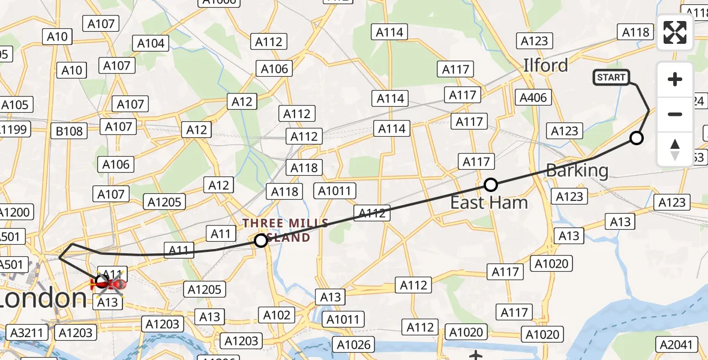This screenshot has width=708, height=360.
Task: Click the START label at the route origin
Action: [x=611, y=77]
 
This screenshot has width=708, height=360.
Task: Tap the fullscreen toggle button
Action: [x=675, y=32]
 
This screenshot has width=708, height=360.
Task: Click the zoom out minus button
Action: [x=675, y=114]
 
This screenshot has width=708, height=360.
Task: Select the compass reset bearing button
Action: [x=675, y=149]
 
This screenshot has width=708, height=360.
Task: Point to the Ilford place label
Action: [x=545, y=65]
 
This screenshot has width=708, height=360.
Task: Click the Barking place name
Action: [x=577, y=170]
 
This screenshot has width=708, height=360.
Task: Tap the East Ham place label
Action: [x=489, y=203]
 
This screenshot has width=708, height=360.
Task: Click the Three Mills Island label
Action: [x=286, y=230]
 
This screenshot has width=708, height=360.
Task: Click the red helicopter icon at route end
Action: [x=108, y=284]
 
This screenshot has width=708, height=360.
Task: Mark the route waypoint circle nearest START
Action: [x=637, y=139]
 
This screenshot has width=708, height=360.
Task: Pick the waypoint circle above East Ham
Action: [x=491, y=185]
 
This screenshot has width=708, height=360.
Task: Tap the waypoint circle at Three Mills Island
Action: [x=261, y=241]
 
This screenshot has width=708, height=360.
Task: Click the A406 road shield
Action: [x=534, y=97]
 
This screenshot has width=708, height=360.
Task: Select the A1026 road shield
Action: [x=354, y=344]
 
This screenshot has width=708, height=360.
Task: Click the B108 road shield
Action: [x=69, y=130]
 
